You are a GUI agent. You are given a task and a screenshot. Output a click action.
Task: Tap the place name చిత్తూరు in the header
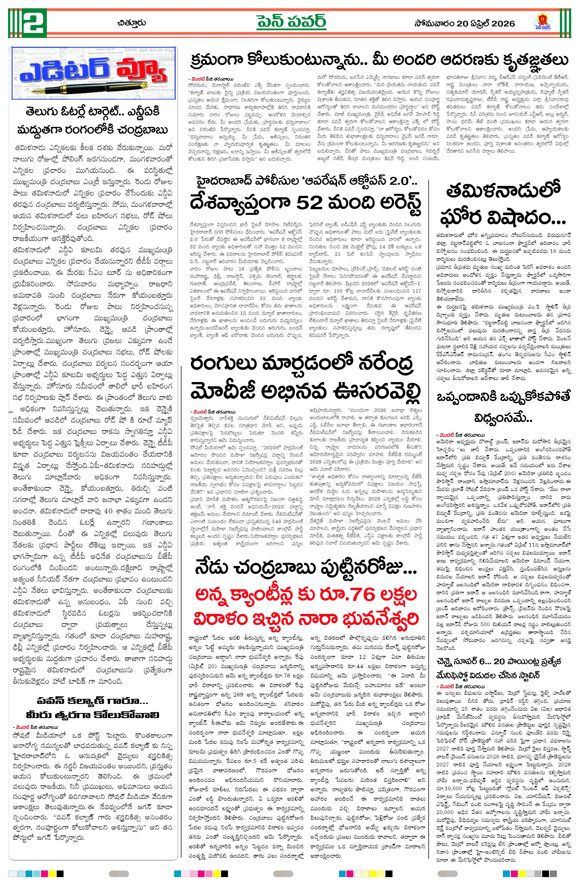click(131, 23)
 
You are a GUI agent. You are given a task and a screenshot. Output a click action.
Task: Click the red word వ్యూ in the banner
click(142, 71)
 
